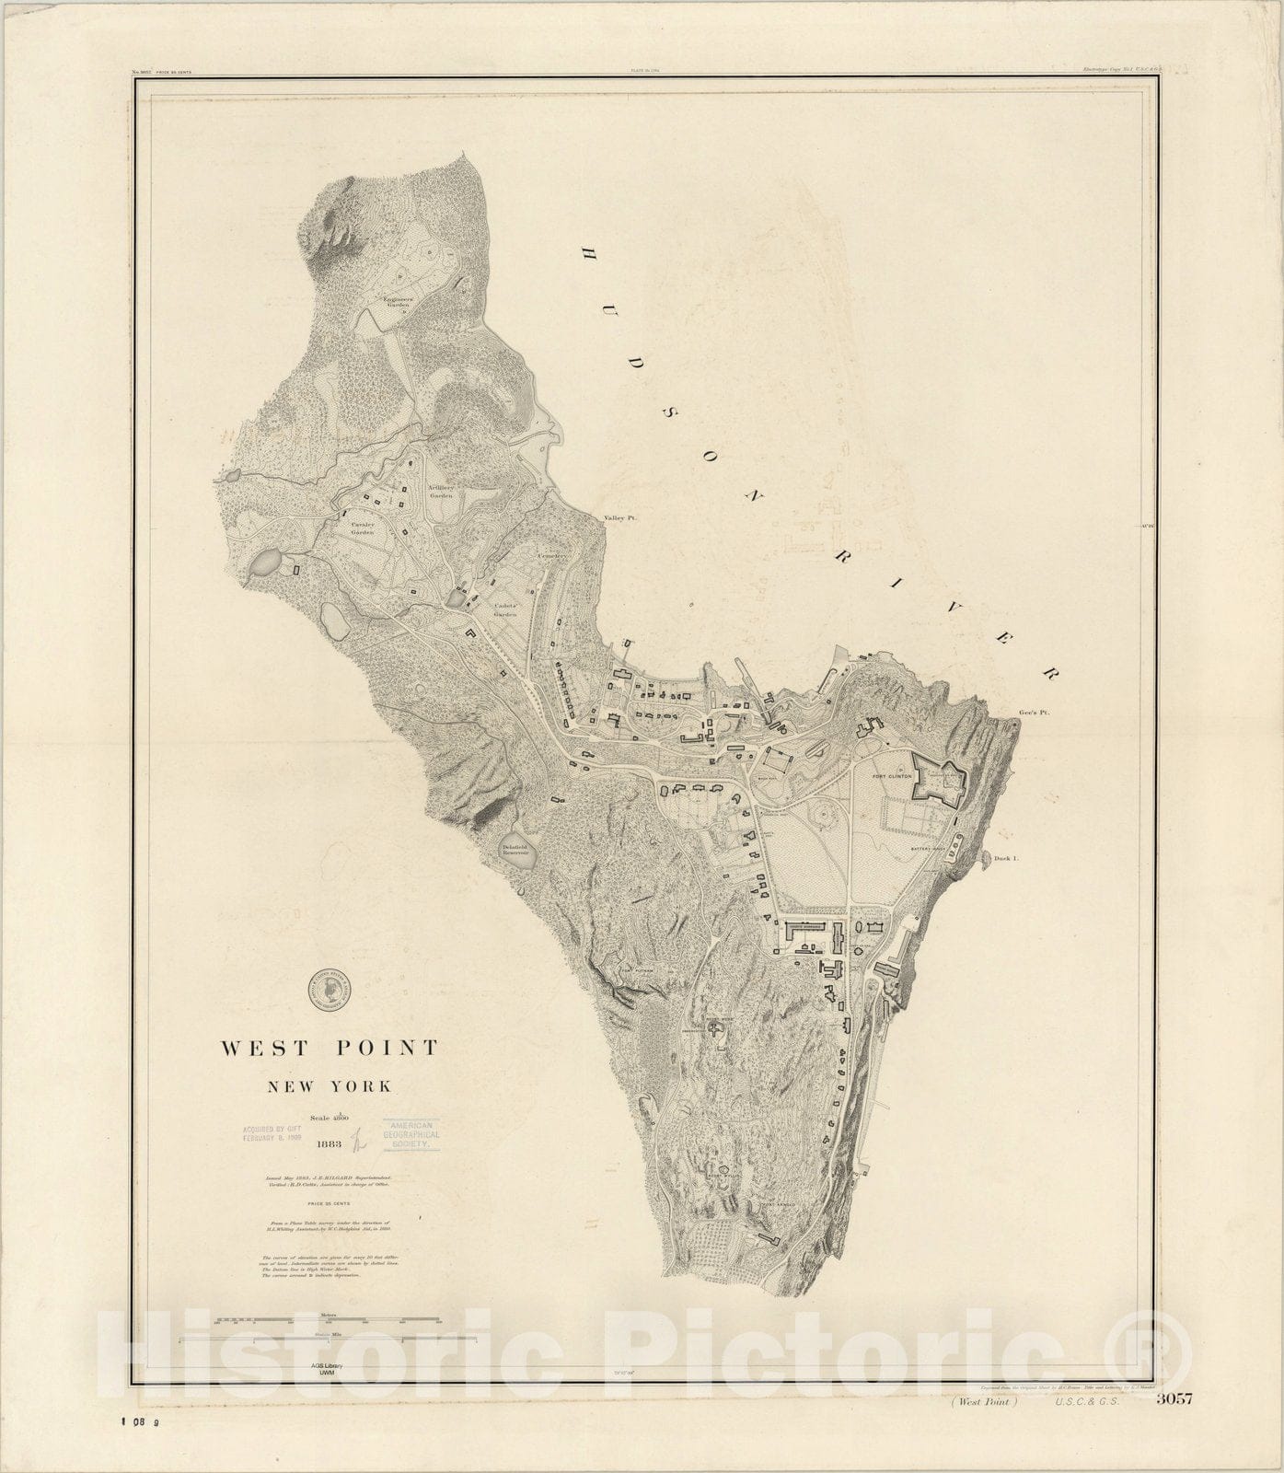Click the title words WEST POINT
click(x=329, y=1048)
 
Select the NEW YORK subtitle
click(x=329, y=1086)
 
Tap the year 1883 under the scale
click(x=329, y=1146)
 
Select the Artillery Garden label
click(x=440, y=491)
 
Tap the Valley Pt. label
click(x=620, y=518)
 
